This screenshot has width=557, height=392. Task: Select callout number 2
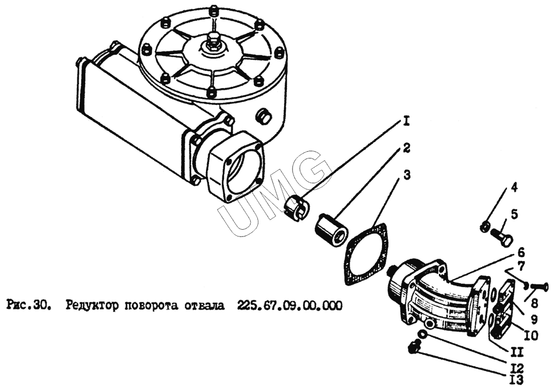click(x=407, y=148)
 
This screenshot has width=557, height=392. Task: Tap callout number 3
click(x=407, y=176)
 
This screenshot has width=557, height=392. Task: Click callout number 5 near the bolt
click(x=514, y=215)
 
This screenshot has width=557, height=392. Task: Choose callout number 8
click(x=534, y=304)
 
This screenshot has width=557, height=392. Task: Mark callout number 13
click(x=515, y=380)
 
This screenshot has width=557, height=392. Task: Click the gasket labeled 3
click(x=367, y=254)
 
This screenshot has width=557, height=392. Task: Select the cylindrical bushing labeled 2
click(x=332, y=229)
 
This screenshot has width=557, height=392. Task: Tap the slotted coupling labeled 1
click(x=297, y=208)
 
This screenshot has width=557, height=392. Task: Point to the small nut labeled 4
click(x=483, y=226)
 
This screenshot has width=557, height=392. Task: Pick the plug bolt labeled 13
click(x=414, y=347)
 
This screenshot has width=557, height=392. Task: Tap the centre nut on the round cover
click(x=212, y=39)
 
